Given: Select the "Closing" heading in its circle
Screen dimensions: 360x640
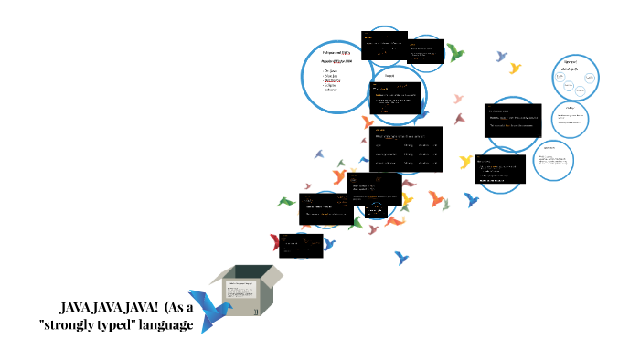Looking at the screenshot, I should pyautogui.click(x=571, y=109).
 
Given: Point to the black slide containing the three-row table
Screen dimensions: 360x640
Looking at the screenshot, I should pyautogui.click(x=406, y=149).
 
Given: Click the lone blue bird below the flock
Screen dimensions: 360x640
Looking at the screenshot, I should pyautogui.click(x=401, y=258).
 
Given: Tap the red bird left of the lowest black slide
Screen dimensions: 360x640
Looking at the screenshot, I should pyautogui.click(x=273, y=242).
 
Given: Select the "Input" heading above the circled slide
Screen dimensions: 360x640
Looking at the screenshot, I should pyautogui.click(x=389, y=76).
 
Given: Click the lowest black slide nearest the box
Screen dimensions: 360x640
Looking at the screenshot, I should pyautogui.click(x=302, y=245).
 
